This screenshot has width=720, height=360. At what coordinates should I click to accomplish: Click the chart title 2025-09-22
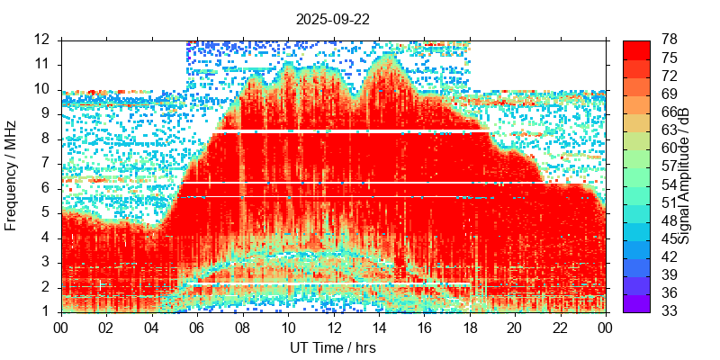pos(332,18)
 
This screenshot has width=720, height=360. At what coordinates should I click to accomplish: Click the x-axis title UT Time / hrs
pos(332,347)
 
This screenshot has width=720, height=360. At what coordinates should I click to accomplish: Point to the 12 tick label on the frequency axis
pos(42,40)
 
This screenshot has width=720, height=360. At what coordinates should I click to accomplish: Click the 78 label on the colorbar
pos(670,40)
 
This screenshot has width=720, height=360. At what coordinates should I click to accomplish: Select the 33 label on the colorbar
pos(670,311)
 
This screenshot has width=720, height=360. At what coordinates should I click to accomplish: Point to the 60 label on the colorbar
pos(670,148)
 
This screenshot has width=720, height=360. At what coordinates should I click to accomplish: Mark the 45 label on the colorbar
pos(670,238)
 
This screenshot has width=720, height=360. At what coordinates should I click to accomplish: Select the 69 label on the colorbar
pos(670,94)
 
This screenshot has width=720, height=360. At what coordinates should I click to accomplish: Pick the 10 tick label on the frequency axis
pos(42,89)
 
